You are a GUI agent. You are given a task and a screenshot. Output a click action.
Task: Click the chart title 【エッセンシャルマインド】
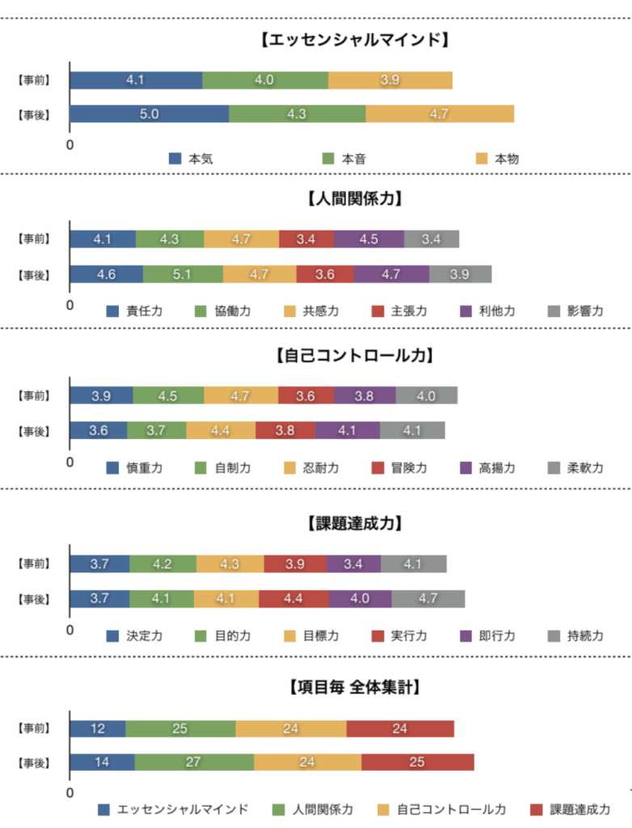tap(355, 39)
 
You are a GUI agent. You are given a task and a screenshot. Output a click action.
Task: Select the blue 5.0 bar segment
tap(149, 114)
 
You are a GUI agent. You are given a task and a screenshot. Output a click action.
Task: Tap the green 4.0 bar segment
tap(265, 80)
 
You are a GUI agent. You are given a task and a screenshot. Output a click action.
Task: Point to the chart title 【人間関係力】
tap(355, 198)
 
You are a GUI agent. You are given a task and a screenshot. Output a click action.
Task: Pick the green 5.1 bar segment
tap(183, 274)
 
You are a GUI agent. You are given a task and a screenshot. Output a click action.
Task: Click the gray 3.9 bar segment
tap(460, 274)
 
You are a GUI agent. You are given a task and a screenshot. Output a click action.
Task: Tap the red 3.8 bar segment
tap(284, 431)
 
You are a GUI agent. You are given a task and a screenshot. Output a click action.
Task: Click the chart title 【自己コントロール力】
tap(355, 355)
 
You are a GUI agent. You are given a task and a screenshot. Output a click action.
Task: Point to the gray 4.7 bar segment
tap(428, 599)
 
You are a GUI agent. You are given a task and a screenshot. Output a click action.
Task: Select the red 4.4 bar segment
tap(293, 599)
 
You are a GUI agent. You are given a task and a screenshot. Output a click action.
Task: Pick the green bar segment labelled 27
tap(194, 763)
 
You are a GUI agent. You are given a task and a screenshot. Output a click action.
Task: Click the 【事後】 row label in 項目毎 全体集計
tap(34, 763)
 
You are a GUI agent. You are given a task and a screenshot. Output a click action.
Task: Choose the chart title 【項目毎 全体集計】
tap(355, 687)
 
